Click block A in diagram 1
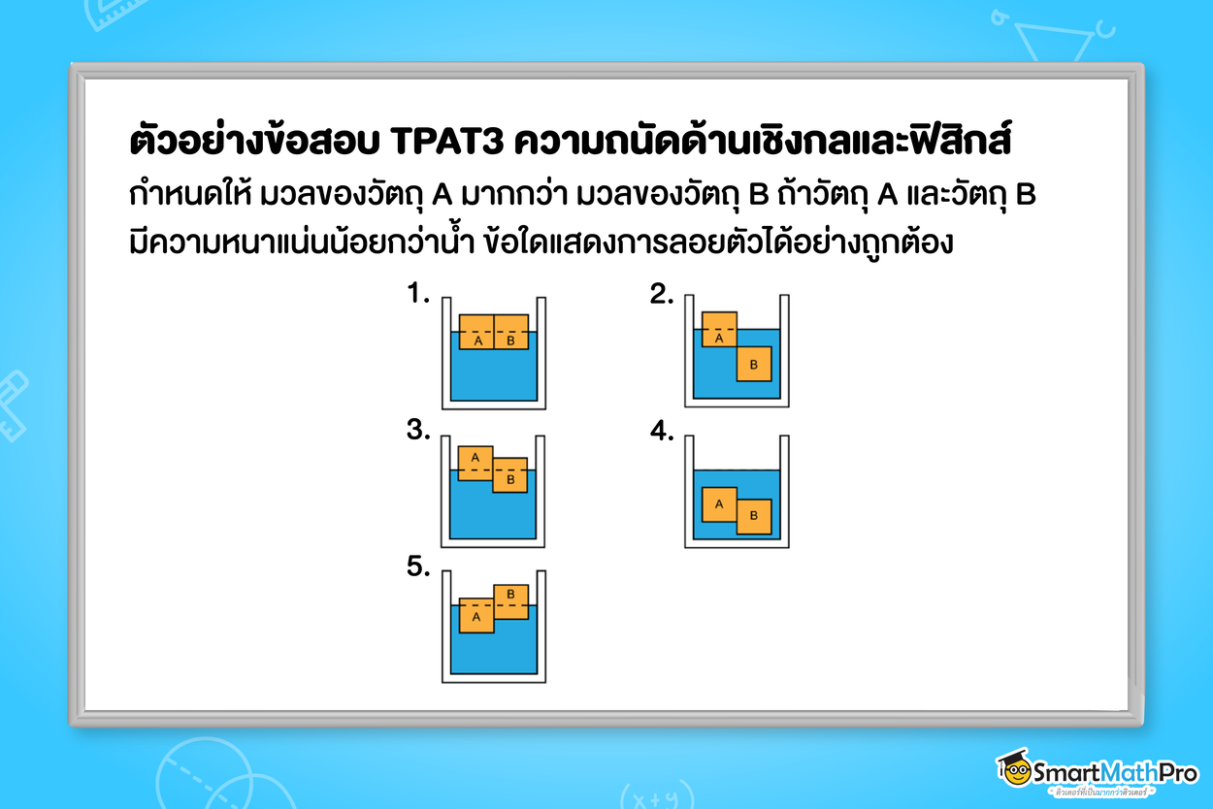point(476,332)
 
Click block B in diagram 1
point(511,332)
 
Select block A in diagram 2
point(719,330)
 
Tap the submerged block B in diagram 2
point(754,364)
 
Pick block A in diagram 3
point(475,463)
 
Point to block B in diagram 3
point(510,475)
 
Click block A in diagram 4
point(719,503)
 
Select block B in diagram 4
point(754,516)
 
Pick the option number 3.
point(418,432)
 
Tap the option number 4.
point(662,432)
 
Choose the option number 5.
point(418,568)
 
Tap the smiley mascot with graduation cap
point(1014,768)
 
